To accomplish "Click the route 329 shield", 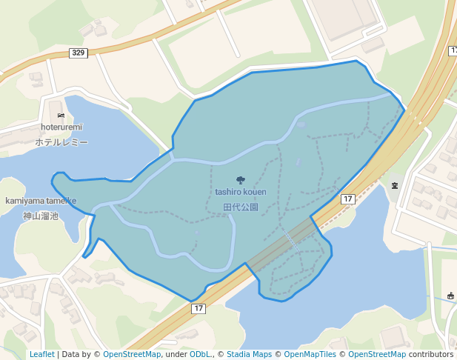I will (79, 53).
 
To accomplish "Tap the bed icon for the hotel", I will (61, 116).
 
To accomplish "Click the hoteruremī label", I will (61, 127).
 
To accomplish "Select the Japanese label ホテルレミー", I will (61, 141).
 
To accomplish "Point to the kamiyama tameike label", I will (41, 201).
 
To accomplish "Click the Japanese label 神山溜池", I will (41, 216).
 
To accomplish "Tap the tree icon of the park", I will (240, 180).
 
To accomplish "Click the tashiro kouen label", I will (241, 192).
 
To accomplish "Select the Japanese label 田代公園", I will (241, 207).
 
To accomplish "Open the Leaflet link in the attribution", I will (41, 354).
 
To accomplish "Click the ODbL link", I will (199, 354).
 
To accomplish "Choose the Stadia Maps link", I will (249, 354).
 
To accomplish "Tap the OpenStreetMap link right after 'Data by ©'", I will (131, 354).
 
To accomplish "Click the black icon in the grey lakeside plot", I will (394, 184).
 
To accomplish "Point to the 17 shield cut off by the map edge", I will (453, 50).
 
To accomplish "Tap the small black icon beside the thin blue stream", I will (450, 296).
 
